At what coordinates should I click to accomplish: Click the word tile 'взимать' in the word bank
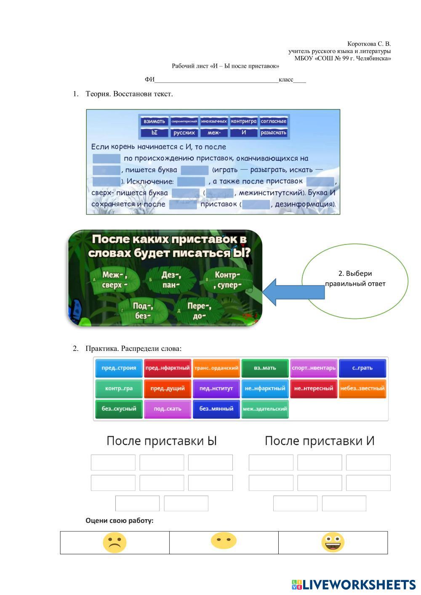pos(155,121)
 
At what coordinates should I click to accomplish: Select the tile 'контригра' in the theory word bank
pos(244,121)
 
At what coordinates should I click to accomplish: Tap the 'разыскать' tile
pos(274,133)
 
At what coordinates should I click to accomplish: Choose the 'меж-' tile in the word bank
pos(214,133)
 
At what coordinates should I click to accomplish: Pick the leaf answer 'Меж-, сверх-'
pos(115,279)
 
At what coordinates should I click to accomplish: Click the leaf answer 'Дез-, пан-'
pos(171,279)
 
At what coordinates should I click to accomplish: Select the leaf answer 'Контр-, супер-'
pos(228,280)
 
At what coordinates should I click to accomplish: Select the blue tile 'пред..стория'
pos(119,368)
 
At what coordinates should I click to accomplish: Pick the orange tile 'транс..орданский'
pos(216,368)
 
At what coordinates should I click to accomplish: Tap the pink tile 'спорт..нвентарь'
pos(314,368)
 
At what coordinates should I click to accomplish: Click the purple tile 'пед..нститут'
pos(216,388)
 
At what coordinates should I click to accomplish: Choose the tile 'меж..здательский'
pos(265,409)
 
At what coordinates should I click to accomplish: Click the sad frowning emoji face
pos(115,542)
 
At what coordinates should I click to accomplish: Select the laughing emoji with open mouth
pos(333,542)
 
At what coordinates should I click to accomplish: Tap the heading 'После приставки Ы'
pos(162,441)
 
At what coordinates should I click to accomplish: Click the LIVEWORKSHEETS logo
pos(354,584)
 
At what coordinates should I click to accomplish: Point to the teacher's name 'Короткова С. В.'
pos(369,44)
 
